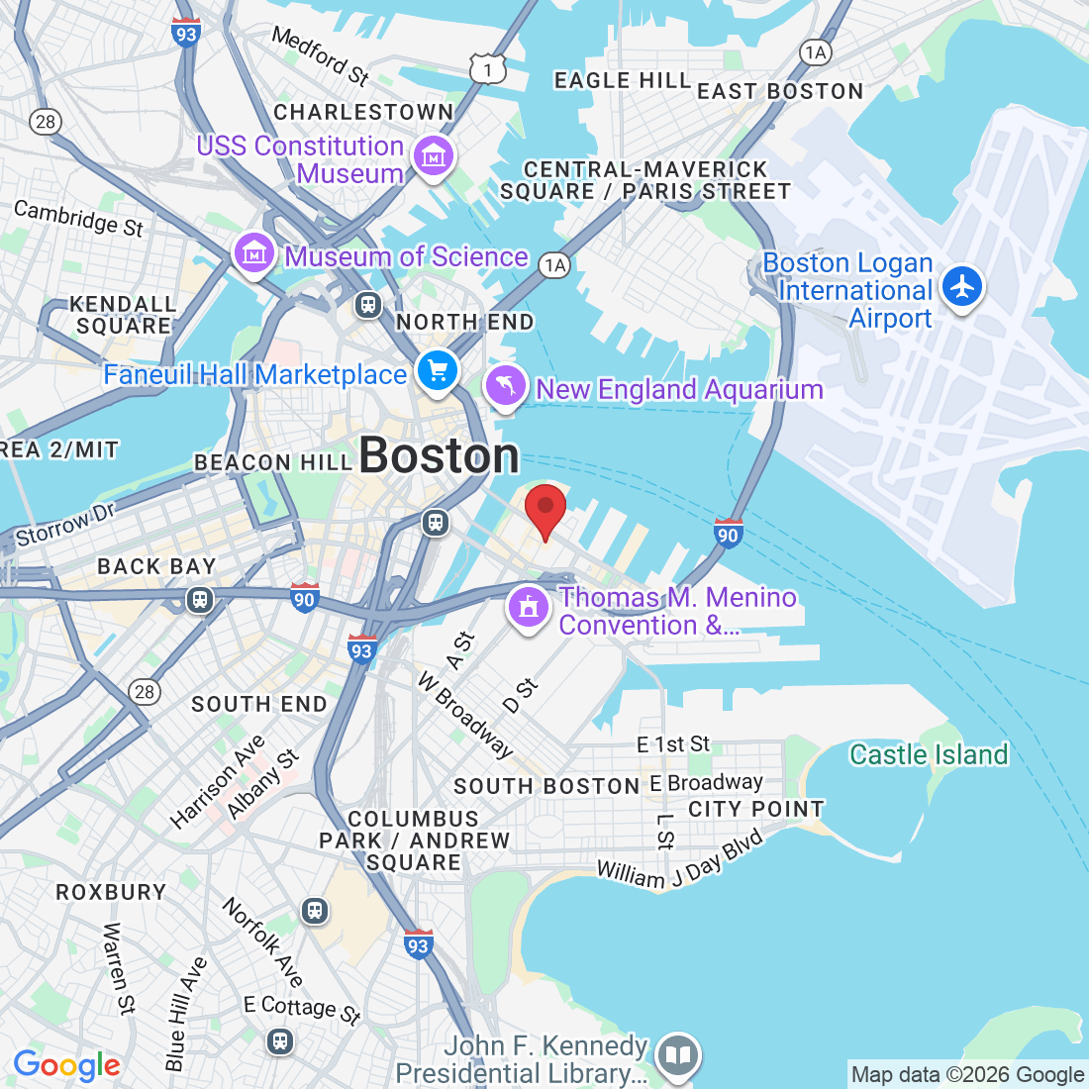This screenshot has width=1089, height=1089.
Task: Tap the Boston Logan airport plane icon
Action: tap(961, 286)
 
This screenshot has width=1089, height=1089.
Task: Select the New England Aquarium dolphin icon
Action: tap(506, 387)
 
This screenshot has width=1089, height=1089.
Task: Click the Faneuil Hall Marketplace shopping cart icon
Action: tap(438, 371)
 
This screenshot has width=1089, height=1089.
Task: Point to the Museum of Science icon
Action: tap(254, 254)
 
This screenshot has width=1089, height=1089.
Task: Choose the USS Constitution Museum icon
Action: tap(433, 156)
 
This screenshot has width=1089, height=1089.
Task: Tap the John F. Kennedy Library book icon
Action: tap(677, 1055)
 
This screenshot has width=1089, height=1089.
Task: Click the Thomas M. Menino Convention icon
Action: tap(529, 606)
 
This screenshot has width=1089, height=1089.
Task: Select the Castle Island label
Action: tap(929, 754)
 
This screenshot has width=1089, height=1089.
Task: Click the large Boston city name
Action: tap(439, 455)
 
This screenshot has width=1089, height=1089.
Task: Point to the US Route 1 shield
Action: tap(488, 68)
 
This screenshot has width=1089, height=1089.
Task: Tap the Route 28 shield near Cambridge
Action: tap(46, 122)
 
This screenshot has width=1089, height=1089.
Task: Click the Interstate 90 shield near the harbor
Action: tap(728, 534)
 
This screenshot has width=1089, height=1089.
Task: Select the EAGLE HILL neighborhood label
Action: tap(622, 80)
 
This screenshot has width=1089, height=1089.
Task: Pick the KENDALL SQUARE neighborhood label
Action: tap(124, 315)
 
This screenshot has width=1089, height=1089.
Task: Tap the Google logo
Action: tap(66, 1065)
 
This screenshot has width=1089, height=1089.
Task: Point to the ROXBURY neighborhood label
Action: tap(111, 892)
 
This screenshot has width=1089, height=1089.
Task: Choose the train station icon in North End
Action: tap(368, 304)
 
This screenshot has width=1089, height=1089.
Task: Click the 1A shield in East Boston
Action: tap(815, 52)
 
